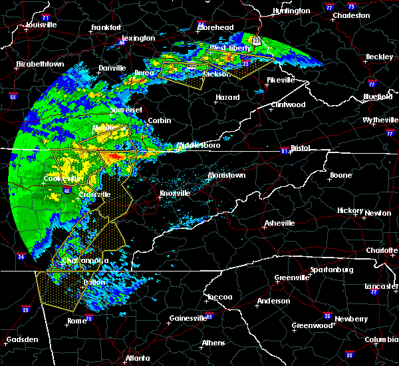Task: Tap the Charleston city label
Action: click(x=351, y=15)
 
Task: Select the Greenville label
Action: click(x=292, y=277)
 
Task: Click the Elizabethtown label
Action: click(x=40, y=64)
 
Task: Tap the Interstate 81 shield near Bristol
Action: click(x=285, y=150)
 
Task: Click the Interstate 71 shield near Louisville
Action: click(x=45, y=16)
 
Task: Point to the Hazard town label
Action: click(x=227, y=97)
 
